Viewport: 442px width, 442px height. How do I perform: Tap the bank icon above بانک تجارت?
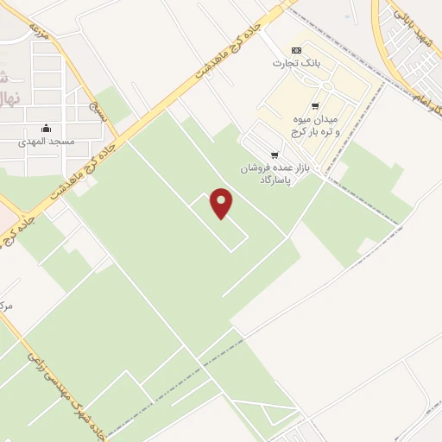pos(296,49)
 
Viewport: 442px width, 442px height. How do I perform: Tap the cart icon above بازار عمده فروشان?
pos(275,155)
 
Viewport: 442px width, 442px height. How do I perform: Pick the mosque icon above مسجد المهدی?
pos(46,129)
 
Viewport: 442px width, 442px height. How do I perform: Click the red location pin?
pos(222,203)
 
